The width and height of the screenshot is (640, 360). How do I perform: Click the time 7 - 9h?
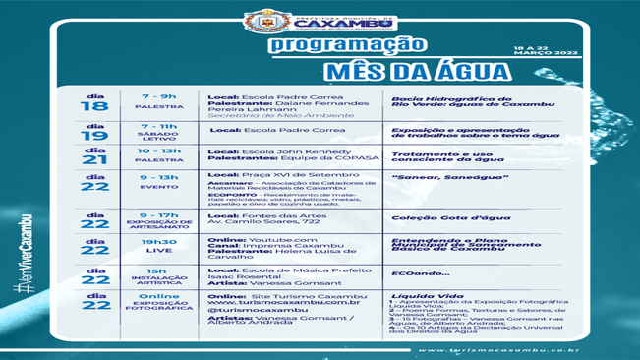click(x=158, y=97)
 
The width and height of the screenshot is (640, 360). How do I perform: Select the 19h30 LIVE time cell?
click(x=158, y=246)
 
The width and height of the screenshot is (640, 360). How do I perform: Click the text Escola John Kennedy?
click(x=290, y=150)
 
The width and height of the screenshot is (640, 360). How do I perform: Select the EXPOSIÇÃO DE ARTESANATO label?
click(x=158, y=226)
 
